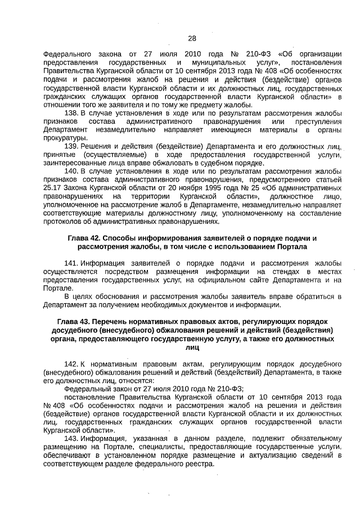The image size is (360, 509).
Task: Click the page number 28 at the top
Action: tap(192, 38)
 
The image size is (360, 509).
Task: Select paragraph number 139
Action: tap(73, 146)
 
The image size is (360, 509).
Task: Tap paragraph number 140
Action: tap(73, 170)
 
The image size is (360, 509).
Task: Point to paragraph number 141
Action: tap(73, 263)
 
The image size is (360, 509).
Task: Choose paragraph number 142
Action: tap(73, 364)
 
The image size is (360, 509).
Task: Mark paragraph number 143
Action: tap(73, 439)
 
